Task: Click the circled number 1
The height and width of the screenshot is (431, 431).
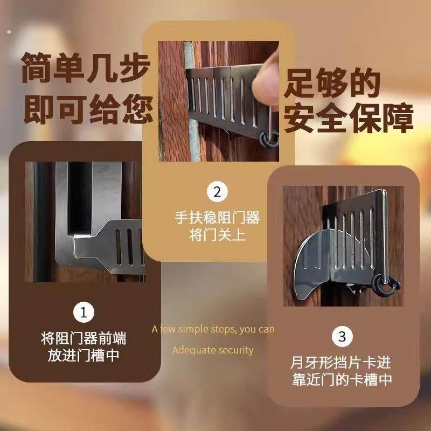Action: (83, 312)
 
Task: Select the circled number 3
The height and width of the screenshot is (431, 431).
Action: (342, 337)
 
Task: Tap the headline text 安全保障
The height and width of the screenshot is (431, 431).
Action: (349, 120)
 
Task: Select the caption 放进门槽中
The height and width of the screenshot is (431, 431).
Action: (84, 357)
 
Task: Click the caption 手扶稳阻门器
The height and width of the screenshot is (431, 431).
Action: (217, 218)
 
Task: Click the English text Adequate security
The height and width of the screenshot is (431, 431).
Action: (213, 350)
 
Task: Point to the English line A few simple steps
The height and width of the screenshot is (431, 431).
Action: (213, 329)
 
